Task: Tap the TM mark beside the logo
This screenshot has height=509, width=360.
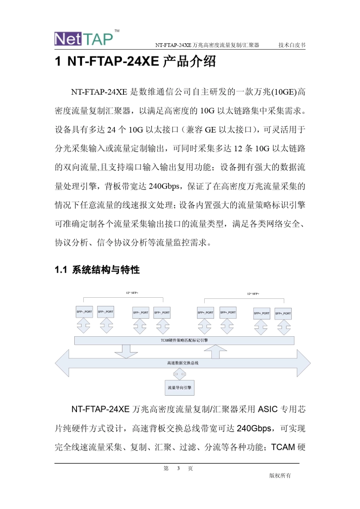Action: pos(117,31)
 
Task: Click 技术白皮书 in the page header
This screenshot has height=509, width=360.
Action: pos(292,45)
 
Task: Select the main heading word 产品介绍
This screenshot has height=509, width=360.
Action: pos(189,61)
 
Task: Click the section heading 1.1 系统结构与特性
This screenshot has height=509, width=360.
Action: pos(97,270)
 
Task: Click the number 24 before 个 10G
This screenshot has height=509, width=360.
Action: pos(111,130)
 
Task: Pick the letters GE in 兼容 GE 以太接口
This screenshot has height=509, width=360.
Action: pos(210,130)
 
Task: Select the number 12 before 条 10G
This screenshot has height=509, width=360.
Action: pos(238,148)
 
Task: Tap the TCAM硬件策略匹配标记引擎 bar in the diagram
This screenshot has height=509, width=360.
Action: pos(184,340)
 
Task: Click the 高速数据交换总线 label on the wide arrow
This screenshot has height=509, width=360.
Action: pos(183,363)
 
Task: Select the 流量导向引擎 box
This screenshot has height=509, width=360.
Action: pos(180,388)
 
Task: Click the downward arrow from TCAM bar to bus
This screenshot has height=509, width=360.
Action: pos(126,351)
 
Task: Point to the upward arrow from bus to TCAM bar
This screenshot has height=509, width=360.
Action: pos(215,351)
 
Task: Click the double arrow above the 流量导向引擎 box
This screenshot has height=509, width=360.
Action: pos(180,375)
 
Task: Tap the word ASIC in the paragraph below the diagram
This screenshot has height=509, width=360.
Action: pos(268,409)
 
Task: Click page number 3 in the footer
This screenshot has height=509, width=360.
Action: pos(178,468)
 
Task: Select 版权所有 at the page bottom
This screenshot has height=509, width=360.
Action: pos(280,476)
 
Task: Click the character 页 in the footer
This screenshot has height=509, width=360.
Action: pos(190,468)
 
